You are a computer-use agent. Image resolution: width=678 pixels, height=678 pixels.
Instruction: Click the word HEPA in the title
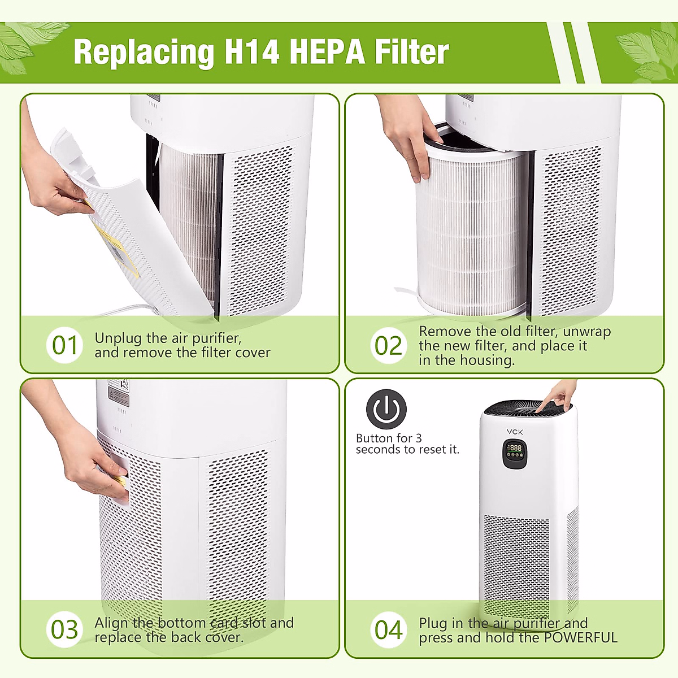(327, 52)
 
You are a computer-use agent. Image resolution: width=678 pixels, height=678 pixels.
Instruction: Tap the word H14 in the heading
(251, 52)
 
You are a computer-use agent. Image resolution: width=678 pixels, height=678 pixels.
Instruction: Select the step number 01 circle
(64, 345)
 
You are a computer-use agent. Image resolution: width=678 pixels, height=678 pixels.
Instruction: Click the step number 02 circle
(389, 345)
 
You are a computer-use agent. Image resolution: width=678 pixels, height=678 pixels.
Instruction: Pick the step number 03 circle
(64, 629)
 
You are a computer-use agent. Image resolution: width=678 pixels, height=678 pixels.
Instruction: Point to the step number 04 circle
(389, 629)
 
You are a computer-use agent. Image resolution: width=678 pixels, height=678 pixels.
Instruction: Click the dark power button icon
(386, 409)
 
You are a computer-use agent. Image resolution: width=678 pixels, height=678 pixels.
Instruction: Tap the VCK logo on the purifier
(515, 432)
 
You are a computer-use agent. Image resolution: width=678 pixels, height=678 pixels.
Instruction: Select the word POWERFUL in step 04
(580, 638)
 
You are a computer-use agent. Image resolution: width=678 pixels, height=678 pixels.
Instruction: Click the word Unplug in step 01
(118, 338)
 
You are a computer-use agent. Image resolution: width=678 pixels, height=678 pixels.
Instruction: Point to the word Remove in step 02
(444, 332)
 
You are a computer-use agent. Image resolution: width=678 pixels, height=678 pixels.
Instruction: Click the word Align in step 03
(111, 623)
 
